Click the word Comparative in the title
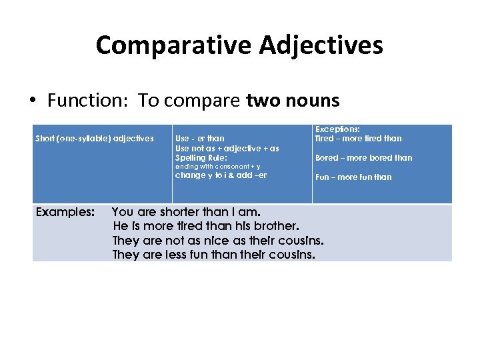173,45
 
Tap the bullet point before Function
32,101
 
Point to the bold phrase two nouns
293,101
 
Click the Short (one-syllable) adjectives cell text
94,139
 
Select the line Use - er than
199,139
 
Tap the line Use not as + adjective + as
227,148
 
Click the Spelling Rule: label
201,157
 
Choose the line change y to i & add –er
221,175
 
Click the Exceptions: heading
337,129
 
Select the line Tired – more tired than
358,139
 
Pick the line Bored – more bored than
363,158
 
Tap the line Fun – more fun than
353,177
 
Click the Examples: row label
65,212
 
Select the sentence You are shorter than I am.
186,212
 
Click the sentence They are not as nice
218,241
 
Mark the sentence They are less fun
213,255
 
